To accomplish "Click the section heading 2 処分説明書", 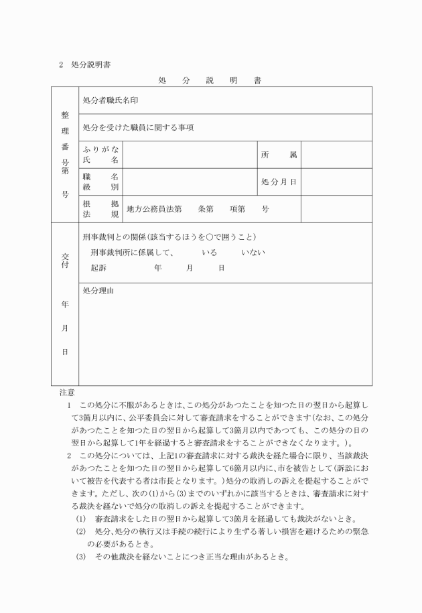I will click(84, 65).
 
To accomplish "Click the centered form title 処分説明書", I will click(210, 80).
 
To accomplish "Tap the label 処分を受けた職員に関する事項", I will click(138, 127).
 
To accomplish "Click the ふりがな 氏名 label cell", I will click(100, 155).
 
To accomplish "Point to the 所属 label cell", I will click(279, 155).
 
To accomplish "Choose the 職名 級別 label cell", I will click(100, 182).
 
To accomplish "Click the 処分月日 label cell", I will click(279, 182).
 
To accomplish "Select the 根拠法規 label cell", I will click(100, 209).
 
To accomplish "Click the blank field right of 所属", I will click(336, 155).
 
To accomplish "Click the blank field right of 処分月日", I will click(336, 182).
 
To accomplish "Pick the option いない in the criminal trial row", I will click(254, 253).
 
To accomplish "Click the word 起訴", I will click(98, 267).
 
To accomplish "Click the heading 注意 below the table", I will click(66, 392).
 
